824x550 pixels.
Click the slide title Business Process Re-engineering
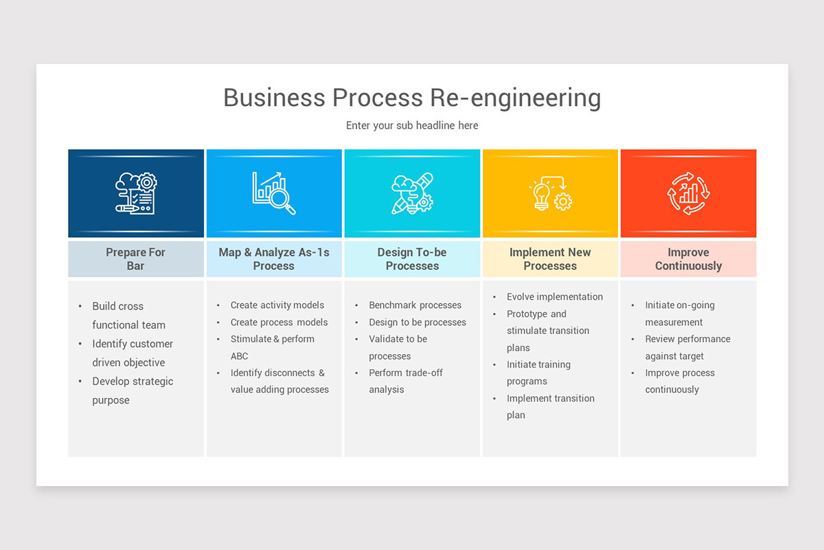pos(412,98)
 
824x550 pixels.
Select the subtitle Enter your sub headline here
pos(412,125)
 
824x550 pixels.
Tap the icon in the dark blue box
pos(136,192)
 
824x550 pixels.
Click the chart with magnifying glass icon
pos(274,192)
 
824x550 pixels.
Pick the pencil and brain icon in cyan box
pos(412,193)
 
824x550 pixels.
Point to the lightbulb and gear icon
pos(550,193)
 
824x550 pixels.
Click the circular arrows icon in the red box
pos(688,193)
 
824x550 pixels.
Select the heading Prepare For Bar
pos(135,259)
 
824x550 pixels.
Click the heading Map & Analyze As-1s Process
pos(274,259)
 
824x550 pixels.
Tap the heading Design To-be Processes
pos(412,259)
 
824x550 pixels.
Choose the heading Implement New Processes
pos(550,259)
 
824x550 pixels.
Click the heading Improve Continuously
pos(688,259)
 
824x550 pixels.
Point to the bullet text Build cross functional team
pos(128,316)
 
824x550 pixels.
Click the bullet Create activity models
pos(277,305)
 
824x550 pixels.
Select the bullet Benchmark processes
pos(415,305)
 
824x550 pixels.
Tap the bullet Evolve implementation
pos(555,297)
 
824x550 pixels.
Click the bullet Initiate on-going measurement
pos(680,313)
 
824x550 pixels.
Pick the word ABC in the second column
pos(240,356)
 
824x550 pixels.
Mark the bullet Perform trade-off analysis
pos(406,381)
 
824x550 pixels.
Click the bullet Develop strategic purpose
pos(133,390)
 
